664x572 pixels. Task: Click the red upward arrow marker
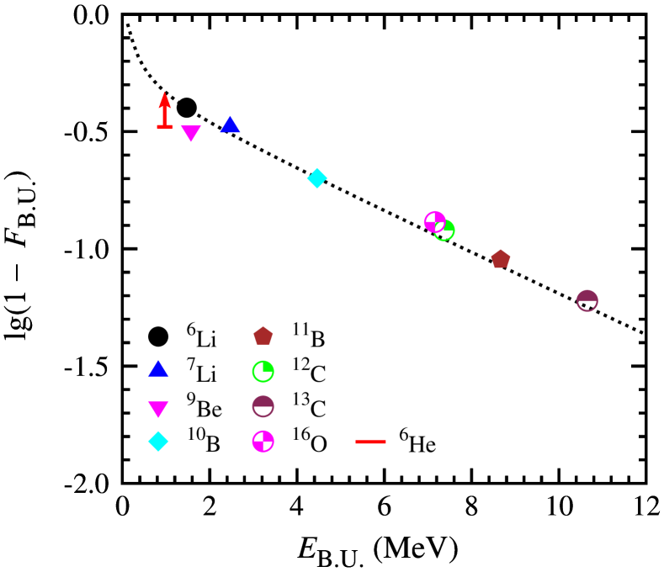pos(165,111)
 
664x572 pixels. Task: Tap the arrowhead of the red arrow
pos(165,98)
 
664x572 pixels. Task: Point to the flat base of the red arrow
pos(165,127)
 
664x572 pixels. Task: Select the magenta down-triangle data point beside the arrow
pos(191,132)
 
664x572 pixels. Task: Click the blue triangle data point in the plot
pos(230,125)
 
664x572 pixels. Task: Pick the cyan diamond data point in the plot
pos(317,178)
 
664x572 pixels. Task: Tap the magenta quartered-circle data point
pos(433,221)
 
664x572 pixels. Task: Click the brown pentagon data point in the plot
pos(501,259)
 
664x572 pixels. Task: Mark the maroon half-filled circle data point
pos(587,300)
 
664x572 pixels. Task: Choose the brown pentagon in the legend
pos(263,336)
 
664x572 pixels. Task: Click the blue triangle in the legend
pos(158,369)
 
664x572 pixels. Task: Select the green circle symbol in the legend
pos(263,371)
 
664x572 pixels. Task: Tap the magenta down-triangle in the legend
pos(158,408)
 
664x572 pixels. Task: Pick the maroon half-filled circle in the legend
pos(263,406)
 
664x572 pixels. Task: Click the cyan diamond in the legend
pos(158,442)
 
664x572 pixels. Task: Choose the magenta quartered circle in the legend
pos(263,442)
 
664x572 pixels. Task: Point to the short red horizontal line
pos(370,442)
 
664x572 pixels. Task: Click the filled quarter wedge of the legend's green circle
pos(268,367)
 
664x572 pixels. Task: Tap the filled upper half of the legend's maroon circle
pos(263,401)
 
